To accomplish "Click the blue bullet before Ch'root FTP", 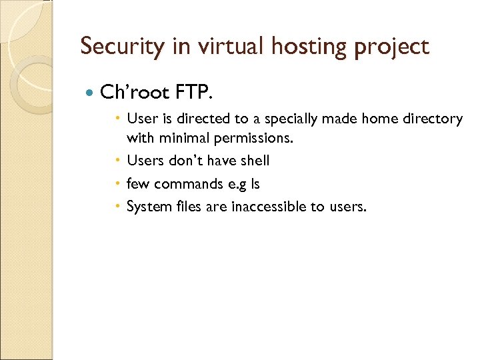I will [x=90, y=91].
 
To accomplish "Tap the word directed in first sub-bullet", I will [x=203, y=119].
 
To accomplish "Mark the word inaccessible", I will [x=269, y=207].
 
